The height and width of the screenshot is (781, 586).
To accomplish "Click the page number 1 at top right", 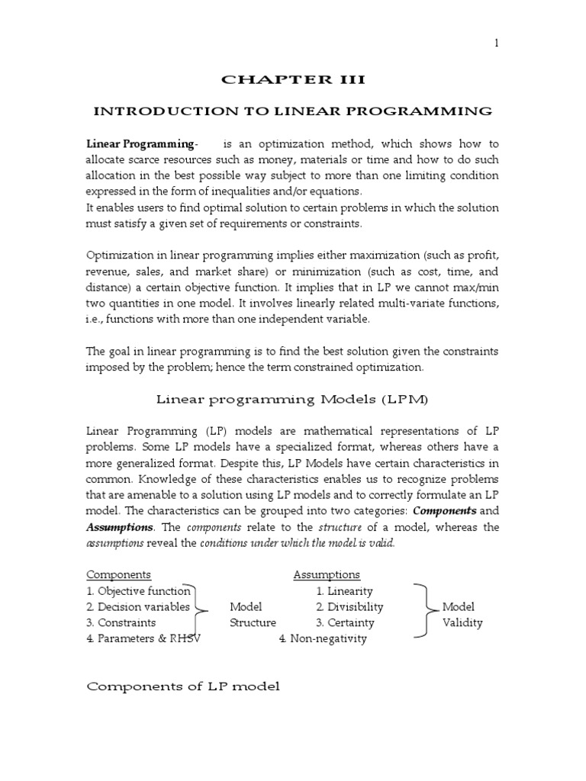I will click(496, 43).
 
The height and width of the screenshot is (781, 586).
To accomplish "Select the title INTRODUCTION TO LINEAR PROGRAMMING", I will click(292, 112).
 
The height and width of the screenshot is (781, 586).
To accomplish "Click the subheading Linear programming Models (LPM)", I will click(292, 399).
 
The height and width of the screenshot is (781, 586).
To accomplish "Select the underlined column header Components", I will click(118, 574).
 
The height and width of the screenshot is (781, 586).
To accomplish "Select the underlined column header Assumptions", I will click(327, 574).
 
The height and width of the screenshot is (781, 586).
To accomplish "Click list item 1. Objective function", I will click(138, 591).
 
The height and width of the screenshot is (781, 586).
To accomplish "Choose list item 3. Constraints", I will click(121, 622).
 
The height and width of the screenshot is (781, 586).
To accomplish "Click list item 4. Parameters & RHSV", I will click(143, 638).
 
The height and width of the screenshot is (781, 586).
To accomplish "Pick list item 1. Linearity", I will click(344, 591).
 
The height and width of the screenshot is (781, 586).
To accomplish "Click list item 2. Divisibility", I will click(349, 607).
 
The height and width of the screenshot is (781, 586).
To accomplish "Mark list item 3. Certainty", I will click(345, 622).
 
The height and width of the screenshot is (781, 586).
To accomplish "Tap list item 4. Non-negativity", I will click(323, 638).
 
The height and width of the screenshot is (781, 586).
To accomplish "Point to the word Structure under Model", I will click(253, 622).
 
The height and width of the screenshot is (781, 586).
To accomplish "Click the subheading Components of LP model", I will click(183, 686).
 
